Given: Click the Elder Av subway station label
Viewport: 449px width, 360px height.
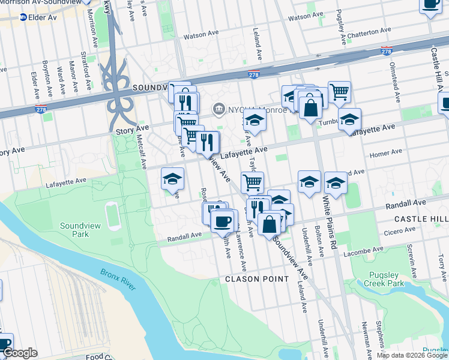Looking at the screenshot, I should coord(42,17).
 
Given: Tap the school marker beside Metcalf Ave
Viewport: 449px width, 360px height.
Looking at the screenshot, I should coord(172,179).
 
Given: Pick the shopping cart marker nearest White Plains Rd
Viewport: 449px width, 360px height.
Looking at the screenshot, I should coord(339,92).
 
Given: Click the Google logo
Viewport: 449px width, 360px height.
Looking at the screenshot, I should coord(20,353).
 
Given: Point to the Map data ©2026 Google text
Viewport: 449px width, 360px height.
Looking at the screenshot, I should coord(411,355).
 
